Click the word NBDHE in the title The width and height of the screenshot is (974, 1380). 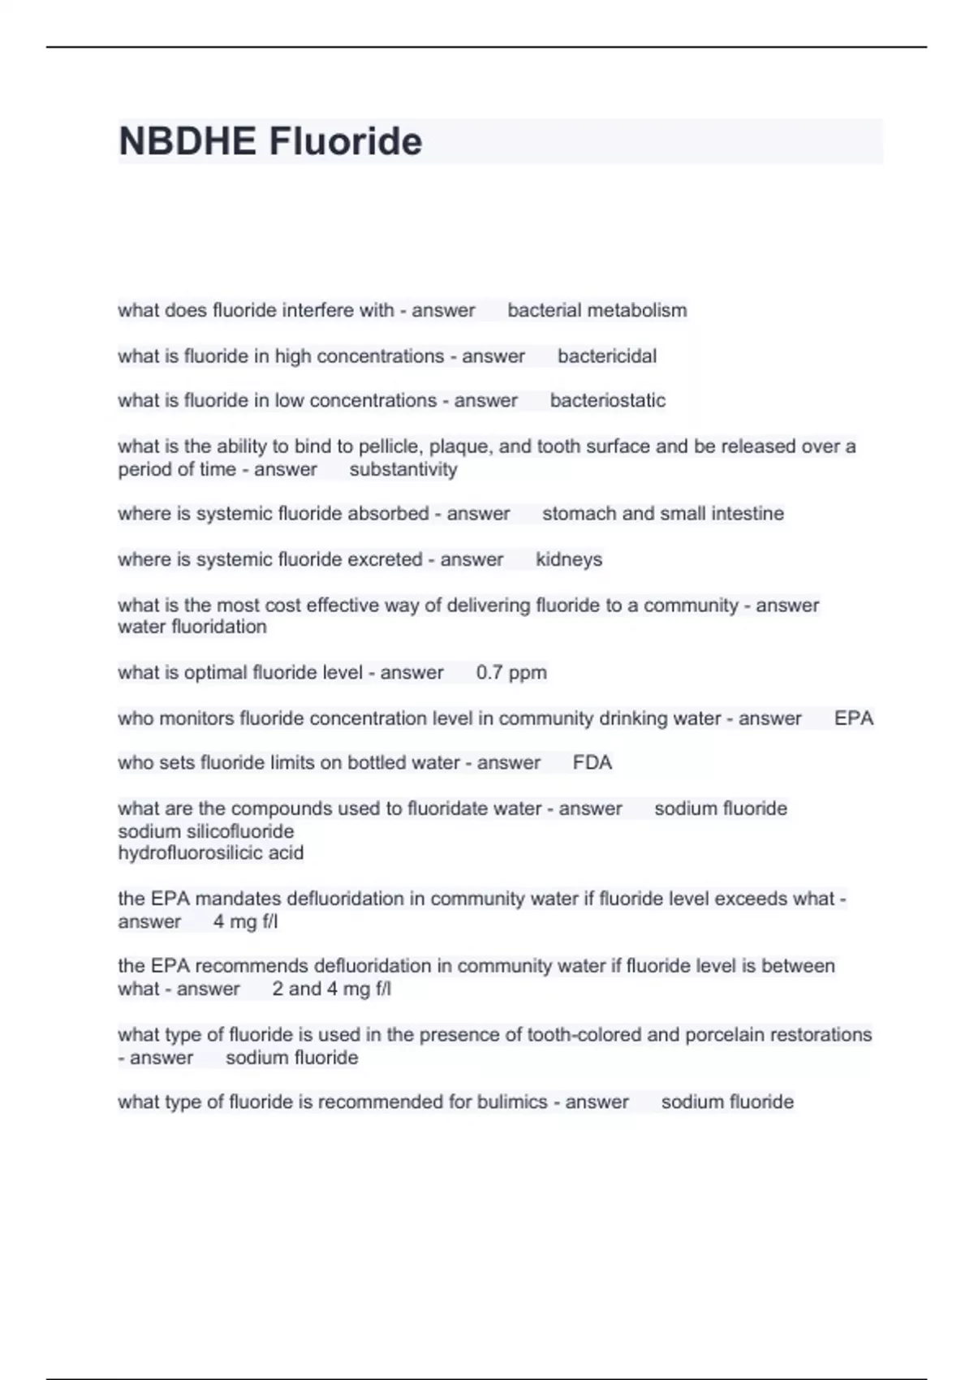[x=187, y=141]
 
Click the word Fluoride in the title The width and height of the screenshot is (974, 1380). [x=345, y=141]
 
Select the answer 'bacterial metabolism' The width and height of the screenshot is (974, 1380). [x=597, y=310]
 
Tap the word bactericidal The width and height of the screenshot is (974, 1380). [x=606, y=356]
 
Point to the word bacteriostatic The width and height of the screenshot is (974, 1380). [x=607, y=400]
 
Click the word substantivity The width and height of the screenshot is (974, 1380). [x=403, y=469]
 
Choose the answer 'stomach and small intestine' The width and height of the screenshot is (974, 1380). [x=662, y=513]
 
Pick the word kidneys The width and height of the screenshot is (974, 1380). [x=568, y=559]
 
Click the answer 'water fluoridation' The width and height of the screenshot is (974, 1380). [x=192, y=627]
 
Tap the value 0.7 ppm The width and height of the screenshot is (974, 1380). [x=511, y=672]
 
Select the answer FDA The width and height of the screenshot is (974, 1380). [x=592, y=762]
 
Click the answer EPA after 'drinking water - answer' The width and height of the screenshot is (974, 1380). [x=853, y=718]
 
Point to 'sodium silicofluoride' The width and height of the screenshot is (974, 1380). [x=206, y=831]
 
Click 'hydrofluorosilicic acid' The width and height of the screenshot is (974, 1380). [x=211, y=853]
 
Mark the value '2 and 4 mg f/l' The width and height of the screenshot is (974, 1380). [x=331, y=989]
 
